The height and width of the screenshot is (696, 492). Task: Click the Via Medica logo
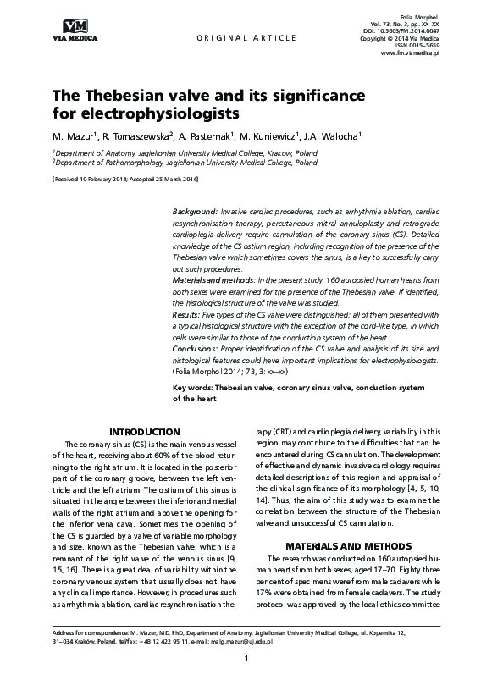point(75,29)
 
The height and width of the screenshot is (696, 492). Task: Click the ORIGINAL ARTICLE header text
point(246,38)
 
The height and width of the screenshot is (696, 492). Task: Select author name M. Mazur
point(74,135)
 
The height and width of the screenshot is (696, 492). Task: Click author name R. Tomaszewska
point(137,135)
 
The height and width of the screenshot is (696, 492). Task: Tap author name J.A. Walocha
point(331,135)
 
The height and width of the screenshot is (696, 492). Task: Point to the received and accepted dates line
point(125,180)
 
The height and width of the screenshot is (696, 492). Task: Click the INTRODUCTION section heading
point(145,432)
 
